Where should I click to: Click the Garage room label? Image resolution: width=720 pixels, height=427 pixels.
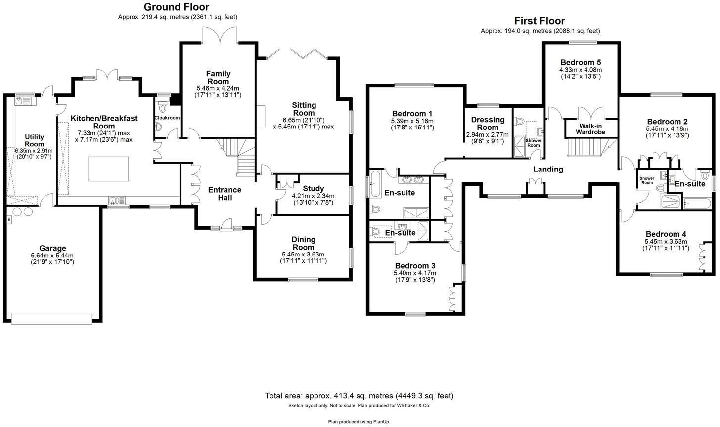[x=52, y=248]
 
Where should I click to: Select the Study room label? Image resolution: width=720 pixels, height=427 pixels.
[x=314, y=188]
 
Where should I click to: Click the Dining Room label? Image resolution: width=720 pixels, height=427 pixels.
[x=303, y=243]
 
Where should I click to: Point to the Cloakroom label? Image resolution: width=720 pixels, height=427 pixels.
[x=167, y=118]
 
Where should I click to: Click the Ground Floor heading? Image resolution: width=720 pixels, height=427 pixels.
[x=176, y=7]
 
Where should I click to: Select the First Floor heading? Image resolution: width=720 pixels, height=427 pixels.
[x=539, y=21]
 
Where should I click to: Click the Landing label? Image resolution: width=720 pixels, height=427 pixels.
[x=548, y=169]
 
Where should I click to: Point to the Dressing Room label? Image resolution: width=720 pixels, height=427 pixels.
[x=488, y=123]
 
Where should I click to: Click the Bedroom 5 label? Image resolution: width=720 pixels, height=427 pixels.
[x=581, y=63]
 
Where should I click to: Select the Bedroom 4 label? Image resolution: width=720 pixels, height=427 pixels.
[x=666, y=234]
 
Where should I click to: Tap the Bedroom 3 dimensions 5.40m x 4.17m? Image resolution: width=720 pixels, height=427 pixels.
[x=414, y=273]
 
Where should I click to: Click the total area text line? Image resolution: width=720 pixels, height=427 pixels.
[x=359, y=395]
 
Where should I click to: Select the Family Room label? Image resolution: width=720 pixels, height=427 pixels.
[x=218, y=77]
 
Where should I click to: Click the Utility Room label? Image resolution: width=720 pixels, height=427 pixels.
[x=35, y=140]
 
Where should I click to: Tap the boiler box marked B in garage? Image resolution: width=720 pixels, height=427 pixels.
[x=9, y=220]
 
